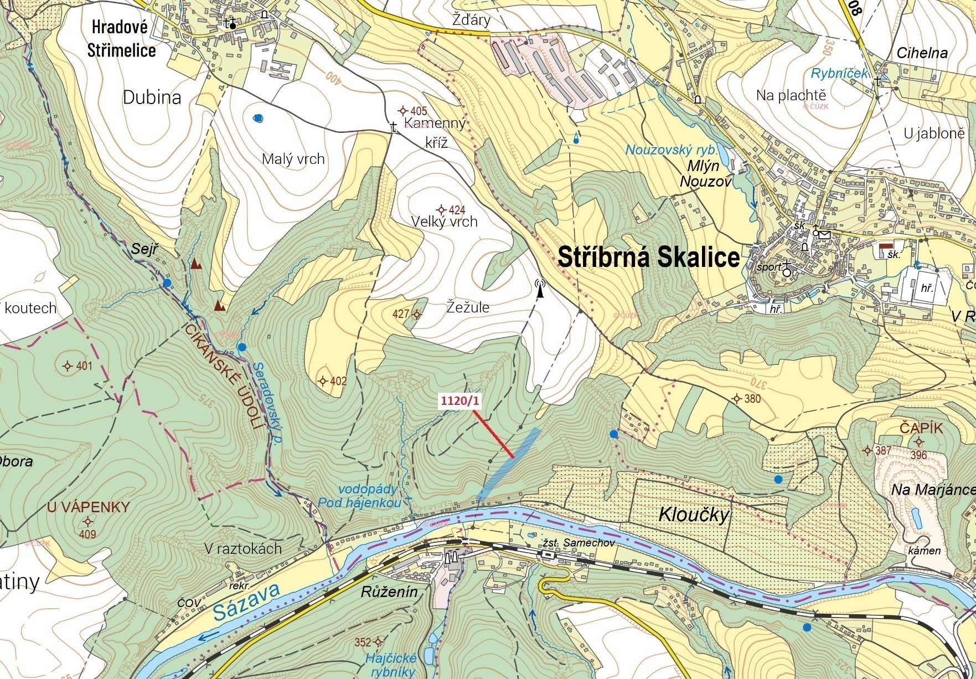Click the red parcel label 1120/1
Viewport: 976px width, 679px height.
pyautogui.click(x=459, y=401)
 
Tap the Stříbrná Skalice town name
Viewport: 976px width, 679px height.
pyautogui.click(x=648, y=258)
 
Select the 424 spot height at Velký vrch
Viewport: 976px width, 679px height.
pyautogui.click(x=441, y=210)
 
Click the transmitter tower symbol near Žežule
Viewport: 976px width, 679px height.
pyautogui.click(x=540, y=288)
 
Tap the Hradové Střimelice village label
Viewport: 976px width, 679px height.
pyautogui.click(x=121, y=39)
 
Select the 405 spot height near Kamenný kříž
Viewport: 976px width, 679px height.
pyautogui.click(x=404, y=111)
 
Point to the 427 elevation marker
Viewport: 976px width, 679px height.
pyautogui.click(x=416, y=314)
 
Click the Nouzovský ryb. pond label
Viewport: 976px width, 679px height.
pyautogui.click(x=671, y=150)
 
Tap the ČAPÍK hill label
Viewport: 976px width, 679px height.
pyautogui.click(x=921, y=428)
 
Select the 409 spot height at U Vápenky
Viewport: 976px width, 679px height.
pyautogui.click(x=87, y=522)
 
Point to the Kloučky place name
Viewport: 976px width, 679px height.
pyautogui.click(x=694, y=515)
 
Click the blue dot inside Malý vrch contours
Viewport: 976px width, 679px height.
pyautogui.click(x=258, y=118)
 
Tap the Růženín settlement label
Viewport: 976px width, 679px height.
pyautogui.click(x=389, y=591)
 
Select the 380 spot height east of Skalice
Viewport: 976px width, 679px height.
pyautogui.click(x=737, y=399)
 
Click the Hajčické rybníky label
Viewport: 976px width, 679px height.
pyautogui.click(x=390, y=665)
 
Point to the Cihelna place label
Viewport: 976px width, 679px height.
pyautogui.click(x=922, y=53)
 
